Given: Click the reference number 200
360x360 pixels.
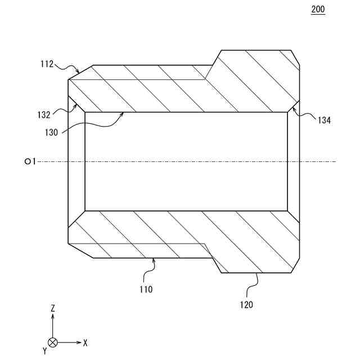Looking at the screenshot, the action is coord(318,10).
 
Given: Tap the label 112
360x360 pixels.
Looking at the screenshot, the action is coord(47,64).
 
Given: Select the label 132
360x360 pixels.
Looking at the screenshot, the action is coord(44,114).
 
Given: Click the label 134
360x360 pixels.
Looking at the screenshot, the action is coord(323,120).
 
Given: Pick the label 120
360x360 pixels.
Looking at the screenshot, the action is coord(246,305).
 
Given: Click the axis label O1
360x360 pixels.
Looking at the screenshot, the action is coord(30,161).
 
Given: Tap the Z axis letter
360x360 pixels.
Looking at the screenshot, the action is coord(52,308).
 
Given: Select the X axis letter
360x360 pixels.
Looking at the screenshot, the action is coord(85,342).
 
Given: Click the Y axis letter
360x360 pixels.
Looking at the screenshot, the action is coord(44,351).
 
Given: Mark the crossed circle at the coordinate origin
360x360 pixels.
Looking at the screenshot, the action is coord(52,342).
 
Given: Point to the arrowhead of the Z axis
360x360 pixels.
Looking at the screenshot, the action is coord(52,316).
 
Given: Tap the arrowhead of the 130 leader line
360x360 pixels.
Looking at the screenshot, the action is coord(123,114).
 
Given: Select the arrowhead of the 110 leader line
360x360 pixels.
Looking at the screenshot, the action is coord(153,260).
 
